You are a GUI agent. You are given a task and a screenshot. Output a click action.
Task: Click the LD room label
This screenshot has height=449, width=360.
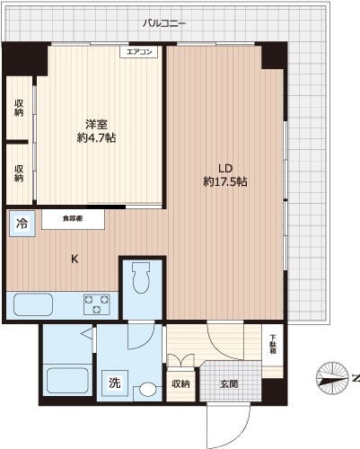tap(224, 167)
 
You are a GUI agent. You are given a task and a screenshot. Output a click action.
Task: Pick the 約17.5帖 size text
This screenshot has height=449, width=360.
tap(224, 181)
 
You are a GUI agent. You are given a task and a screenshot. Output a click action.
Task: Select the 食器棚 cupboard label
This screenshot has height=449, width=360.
tap(74, 217)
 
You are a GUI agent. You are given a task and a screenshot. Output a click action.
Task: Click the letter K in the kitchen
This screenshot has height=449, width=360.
tap(75, 260)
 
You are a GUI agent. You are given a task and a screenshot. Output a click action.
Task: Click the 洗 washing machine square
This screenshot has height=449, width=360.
tap(114, 383)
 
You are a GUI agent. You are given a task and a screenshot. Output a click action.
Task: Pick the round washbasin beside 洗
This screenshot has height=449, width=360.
tap(147, 391)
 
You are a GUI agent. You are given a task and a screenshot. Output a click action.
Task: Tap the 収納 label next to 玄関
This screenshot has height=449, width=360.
tap(181, 384)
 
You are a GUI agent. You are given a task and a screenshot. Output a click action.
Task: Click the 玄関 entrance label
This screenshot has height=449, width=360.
tap(230, 384)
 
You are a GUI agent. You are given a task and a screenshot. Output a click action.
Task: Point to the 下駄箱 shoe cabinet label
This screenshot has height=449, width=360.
tap(274, 345)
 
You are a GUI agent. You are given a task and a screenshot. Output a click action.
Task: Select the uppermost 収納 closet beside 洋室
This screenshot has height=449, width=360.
tap(19, 108)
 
